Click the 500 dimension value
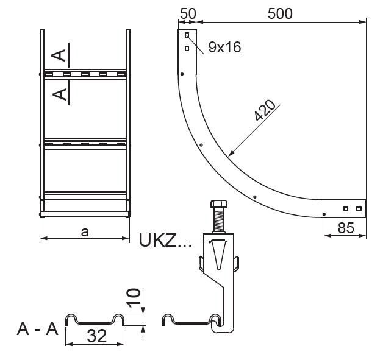tap(280, 13)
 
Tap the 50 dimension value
tap(188, 13)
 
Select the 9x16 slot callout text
tap(224, 47)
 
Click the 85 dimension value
tap(346, 228)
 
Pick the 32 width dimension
tap(97, 336)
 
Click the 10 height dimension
tap(134, 297)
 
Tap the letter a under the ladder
tap(85, 232)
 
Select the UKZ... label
tap(165, 240)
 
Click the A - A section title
tap(38, 329)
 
